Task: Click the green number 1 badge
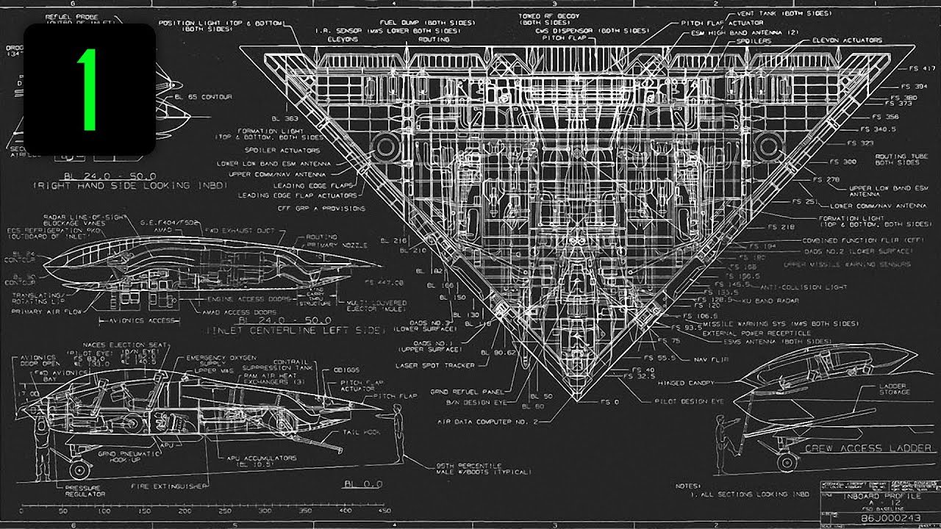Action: (89, 89)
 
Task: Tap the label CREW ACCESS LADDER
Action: (870, 447)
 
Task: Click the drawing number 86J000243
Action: (889, 519)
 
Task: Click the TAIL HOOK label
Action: (368, 432)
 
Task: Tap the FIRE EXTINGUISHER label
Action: (170, 486)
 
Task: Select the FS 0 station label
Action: (611, 402)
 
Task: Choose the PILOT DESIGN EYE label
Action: (689, 402)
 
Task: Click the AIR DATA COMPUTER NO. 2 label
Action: (487, 422)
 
